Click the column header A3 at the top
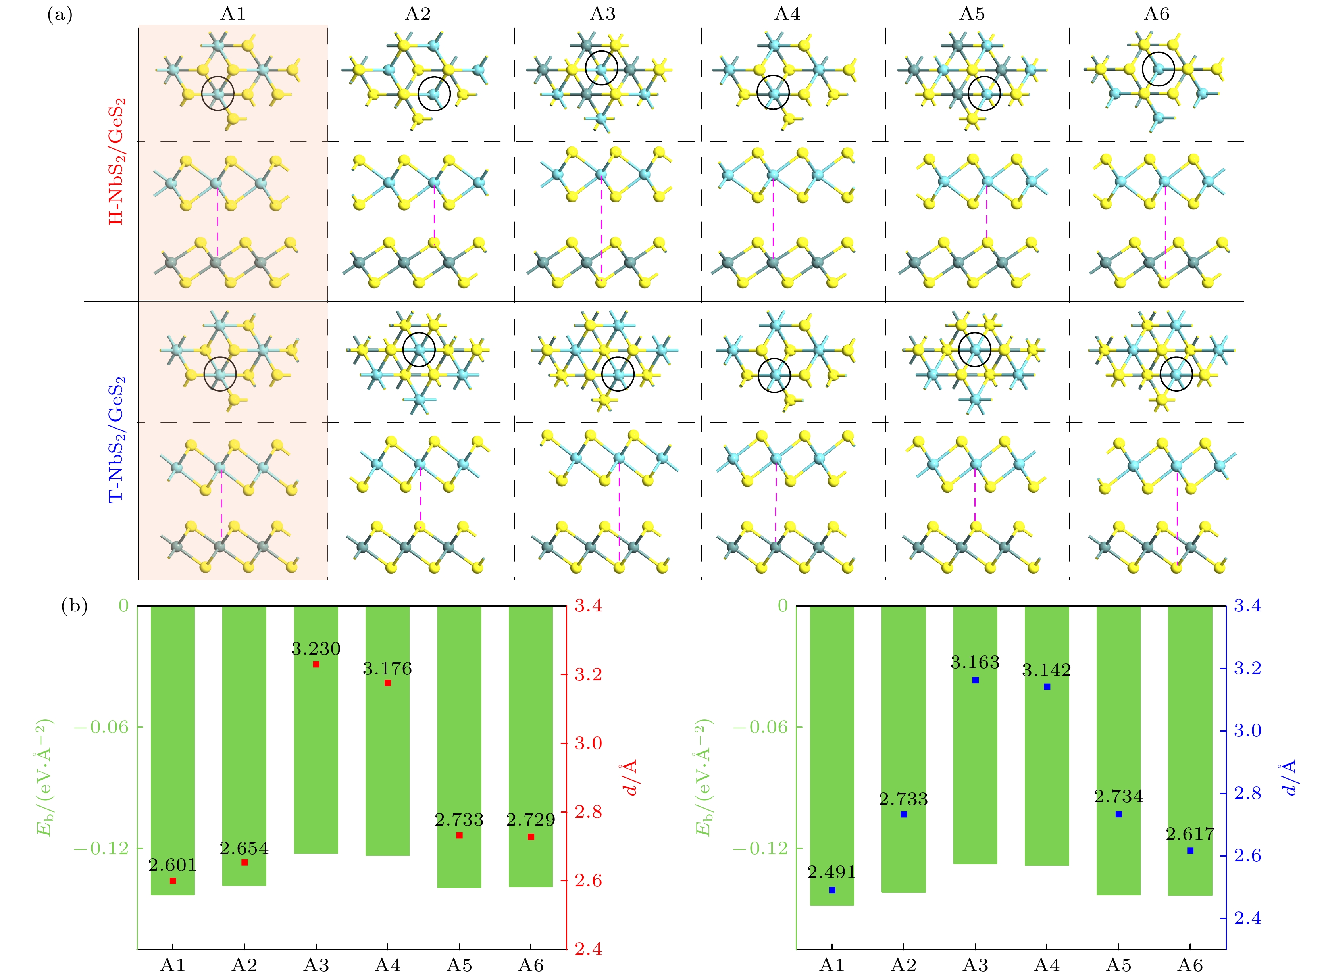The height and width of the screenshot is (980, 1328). click(602, 13)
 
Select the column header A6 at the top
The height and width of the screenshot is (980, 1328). click(1157, 13)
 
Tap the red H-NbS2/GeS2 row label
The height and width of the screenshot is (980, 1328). click(117, 161)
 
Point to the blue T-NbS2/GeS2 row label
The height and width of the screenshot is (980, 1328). click(117, 439)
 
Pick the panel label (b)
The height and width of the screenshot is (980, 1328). click(74, 606)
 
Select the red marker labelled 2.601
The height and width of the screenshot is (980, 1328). click(173, 881)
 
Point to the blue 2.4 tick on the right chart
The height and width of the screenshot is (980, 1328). click(1247, 919)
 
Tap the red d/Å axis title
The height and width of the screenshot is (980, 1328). click(630, 777)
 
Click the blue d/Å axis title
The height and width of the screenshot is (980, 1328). click(1289, 777)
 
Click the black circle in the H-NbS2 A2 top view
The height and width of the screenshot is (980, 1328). click(434, 94)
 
